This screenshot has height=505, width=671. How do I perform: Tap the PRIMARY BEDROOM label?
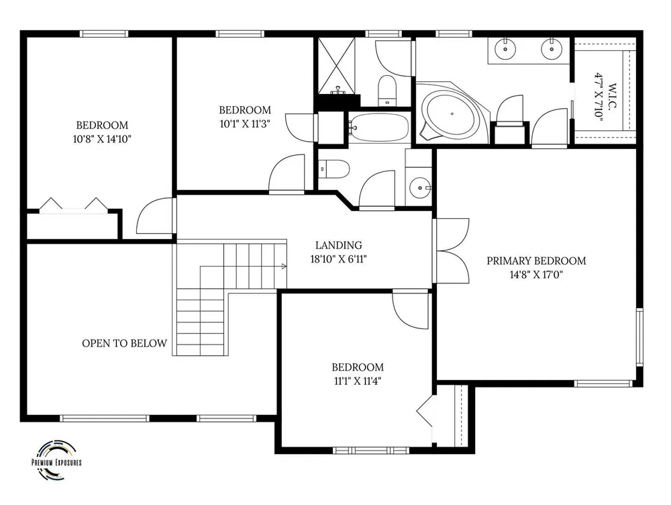pos(536,261)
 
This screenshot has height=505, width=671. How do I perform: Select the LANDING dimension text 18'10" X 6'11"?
pos(338,259)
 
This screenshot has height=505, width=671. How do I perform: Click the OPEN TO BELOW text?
pos(125,343)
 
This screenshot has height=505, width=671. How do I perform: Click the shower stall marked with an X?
pos(336,65)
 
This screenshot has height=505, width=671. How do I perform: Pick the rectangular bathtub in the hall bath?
pos(378,127)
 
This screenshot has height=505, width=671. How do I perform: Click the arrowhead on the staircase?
pos(284,267)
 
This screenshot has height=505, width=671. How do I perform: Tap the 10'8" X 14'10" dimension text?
pos(102,139)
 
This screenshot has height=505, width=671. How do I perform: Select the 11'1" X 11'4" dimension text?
pos(358,381)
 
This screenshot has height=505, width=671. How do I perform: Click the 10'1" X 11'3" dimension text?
pos(245,124)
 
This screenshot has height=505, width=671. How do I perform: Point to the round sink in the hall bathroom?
pos(420,187)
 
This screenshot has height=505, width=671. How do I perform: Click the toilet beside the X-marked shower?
pos(388,91)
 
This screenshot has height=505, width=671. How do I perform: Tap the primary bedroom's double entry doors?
pos(451,250)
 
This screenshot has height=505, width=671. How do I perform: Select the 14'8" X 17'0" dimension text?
pos(535,275)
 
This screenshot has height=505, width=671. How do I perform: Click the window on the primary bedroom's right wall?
pos(639,336)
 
